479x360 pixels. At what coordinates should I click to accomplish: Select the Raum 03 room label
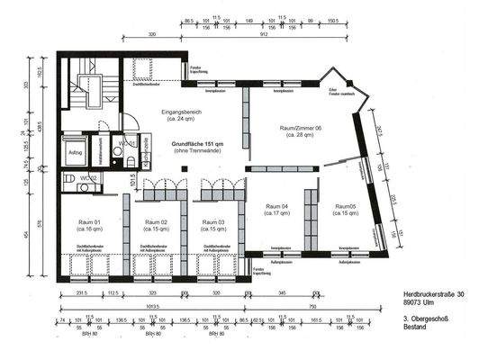coord(214,221)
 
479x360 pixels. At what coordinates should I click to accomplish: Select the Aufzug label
coord(74,152)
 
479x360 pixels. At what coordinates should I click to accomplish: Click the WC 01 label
coord(127,144)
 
